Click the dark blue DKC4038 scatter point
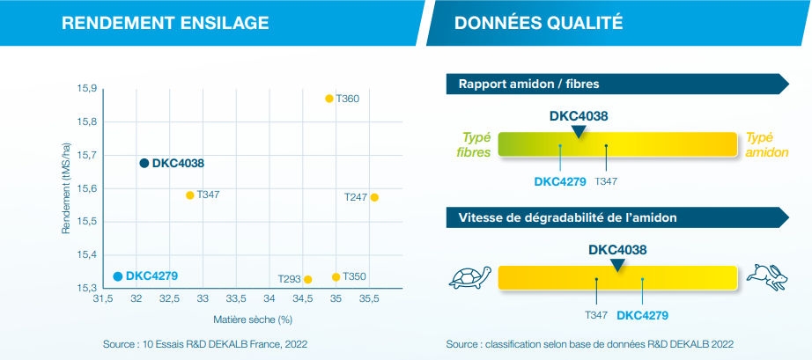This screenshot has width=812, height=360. (144, 163)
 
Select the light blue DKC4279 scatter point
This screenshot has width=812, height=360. (118, 276)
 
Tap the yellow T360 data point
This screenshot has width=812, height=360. (329, 99)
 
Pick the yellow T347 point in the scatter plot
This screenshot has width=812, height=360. (189, 195)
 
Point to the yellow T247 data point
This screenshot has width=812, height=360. (374, 197)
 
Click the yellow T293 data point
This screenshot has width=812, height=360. (307, 279)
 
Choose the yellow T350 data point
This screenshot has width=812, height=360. (336, 277)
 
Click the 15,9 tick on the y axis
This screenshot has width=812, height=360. (86, 89)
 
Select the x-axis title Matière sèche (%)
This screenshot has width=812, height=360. (252, 319)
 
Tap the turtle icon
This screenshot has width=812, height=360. (469, 278)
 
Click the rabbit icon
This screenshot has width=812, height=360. (766, 276)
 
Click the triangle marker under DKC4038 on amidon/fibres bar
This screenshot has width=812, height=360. (578, 132)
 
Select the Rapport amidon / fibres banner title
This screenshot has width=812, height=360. (529, 84)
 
